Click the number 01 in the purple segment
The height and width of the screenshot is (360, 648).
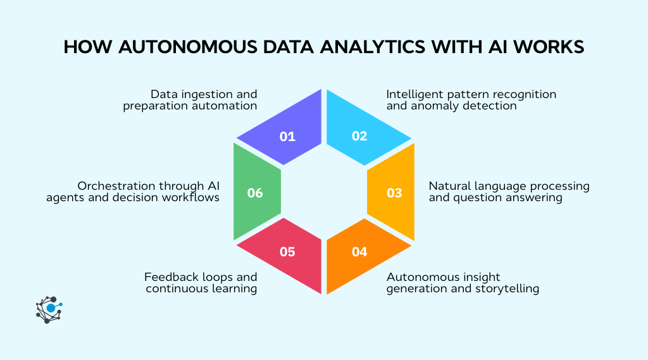[x=287, y=136]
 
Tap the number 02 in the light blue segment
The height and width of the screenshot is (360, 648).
[x=359, y=136]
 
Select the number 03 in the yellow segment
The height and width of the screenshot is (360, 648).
[x=394, y=192]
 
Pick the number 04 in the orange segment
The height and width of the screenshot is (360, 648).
[x=359, y=252]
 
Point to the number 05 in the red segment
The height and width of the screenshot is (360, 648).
[x=287, y=252]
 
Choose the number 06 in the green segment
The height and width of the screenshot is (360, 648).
[x=255, y=192]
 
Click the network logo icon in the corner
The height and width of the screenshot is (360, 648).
[x=49, y=309]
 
